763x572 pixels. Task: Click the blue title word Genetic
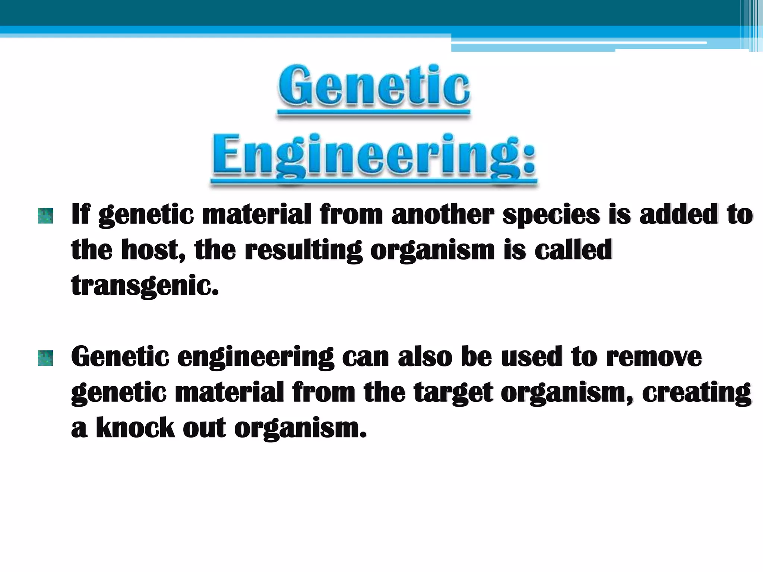(374, 86)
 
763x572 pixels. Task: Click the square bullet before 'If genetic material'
(45, 216)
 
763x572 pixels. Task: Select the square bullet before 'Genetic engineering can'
(45, 358)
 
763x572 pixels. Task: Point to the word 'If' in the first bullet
(80, 214)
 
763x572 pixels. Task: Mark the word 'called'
(573, 250)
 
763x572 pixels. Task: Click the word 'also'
(425, 357)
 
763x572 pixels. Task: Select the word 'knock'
(135, 428)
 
